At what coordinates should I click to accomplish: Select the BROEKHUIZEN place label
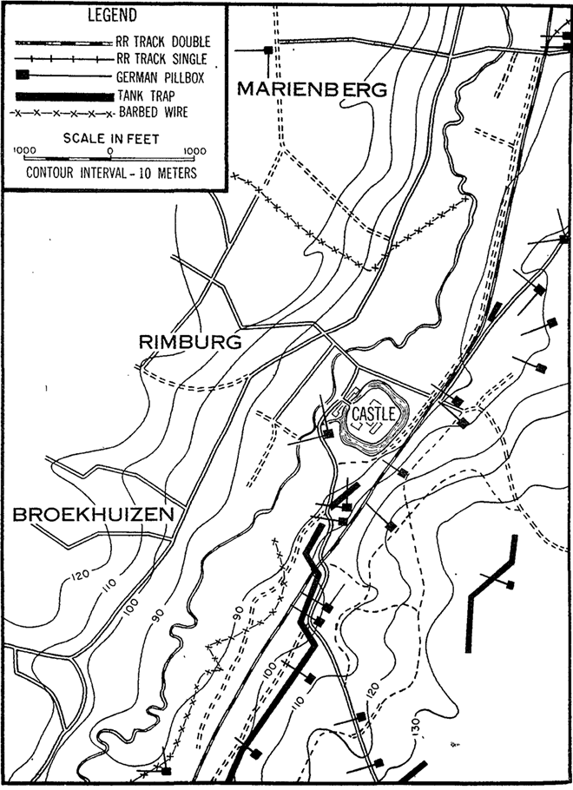point(93,515)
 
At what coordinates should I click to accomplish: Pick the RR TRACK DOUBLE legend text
point(162,41)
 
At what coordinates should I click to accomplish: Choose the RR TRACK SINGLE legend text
point(161,59)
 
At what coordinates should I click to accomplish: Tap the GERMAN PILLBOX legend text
point(165,77)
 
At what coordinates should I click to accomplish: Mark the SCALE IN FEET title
point(109,137)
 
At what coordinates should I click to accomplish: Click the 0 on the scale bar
point(109,149)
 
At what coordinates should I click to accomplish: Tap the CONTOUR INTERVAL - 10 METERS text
point(111,172)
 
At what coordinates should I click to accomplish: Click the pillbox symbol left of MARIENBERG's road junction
point(268,50)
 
